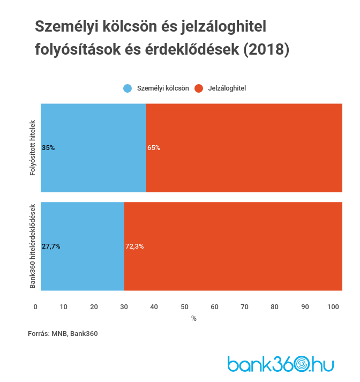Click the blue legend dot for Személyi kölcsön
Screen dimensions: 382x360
127,88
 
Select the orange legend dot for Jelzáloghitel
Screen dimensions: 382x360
199,88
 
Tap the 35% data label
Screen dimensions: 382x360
48,147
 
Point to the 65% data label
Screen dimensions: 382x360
154,147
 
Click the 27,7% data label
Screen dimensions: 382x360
51,246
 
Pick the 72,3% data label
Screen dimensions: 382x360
134,246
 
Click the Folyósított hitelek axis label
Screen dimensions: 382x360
33,147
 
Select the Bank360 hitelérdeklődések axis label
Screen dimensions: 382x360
33,246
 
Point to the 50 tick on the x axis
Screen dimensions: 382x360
185,306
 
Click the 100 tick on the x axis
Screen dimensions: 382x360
333,306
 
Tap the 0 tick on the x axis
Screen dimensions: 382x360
35,306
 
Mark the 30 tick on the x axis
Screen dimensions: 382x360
124,306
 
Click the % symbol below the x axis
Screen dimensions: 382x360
194,318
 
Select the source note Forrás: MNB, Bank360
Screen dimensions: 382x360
63,333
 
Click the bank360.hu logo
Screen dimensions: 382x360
280,364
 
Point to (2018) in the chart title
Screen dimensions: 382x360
266,49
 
